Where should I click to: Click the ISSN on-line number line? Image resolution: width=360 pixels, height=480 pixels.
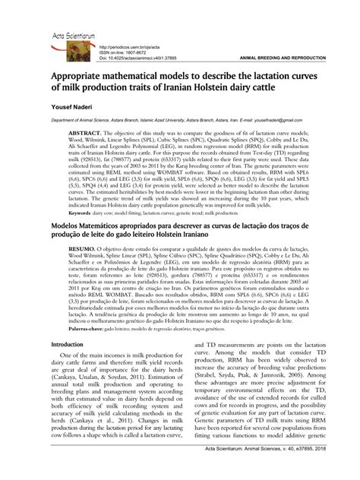123,52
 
